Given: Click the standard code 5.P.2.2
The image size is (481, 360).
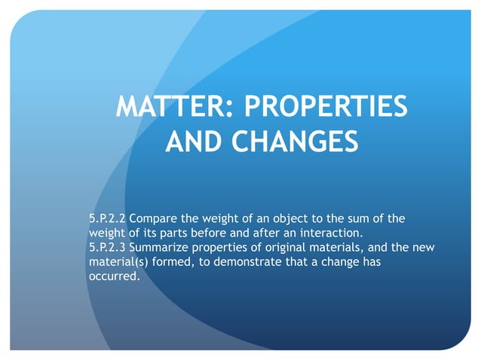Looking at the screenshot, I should (x=108, y=219).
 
